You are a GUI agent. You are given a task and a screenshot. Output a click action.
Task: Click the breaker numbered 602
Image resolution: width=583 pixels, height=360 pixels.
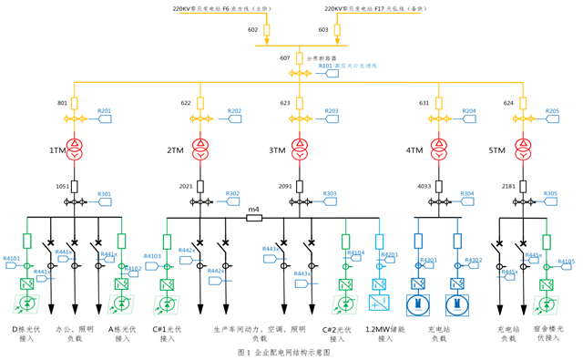tap(266, 33)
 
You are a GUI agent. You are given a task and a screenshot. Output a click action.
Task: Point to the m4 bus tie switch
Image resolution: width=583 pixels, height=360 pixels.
tap(255, 216)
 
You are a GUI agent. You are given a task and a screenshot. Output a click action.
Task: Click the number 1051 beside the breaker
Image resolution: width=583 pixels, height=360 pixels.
tap(62, 186)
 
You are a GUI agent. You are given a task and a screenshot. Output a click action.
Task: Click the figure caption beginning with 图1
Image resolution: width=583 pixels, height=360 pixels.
tap(283, 351)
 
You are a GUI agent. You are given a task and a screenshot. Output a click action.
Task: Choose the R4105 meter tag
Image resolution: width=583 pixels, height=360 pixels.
tap(566, 262)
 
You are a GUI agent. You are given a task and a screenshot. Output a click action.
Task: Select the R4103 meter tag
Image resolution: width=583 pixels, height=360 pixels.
tap(151, 257)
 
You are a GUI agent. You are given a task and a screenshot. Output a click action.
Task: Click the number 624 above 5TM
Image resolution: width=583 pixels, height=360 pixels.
tap(508, 103)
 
